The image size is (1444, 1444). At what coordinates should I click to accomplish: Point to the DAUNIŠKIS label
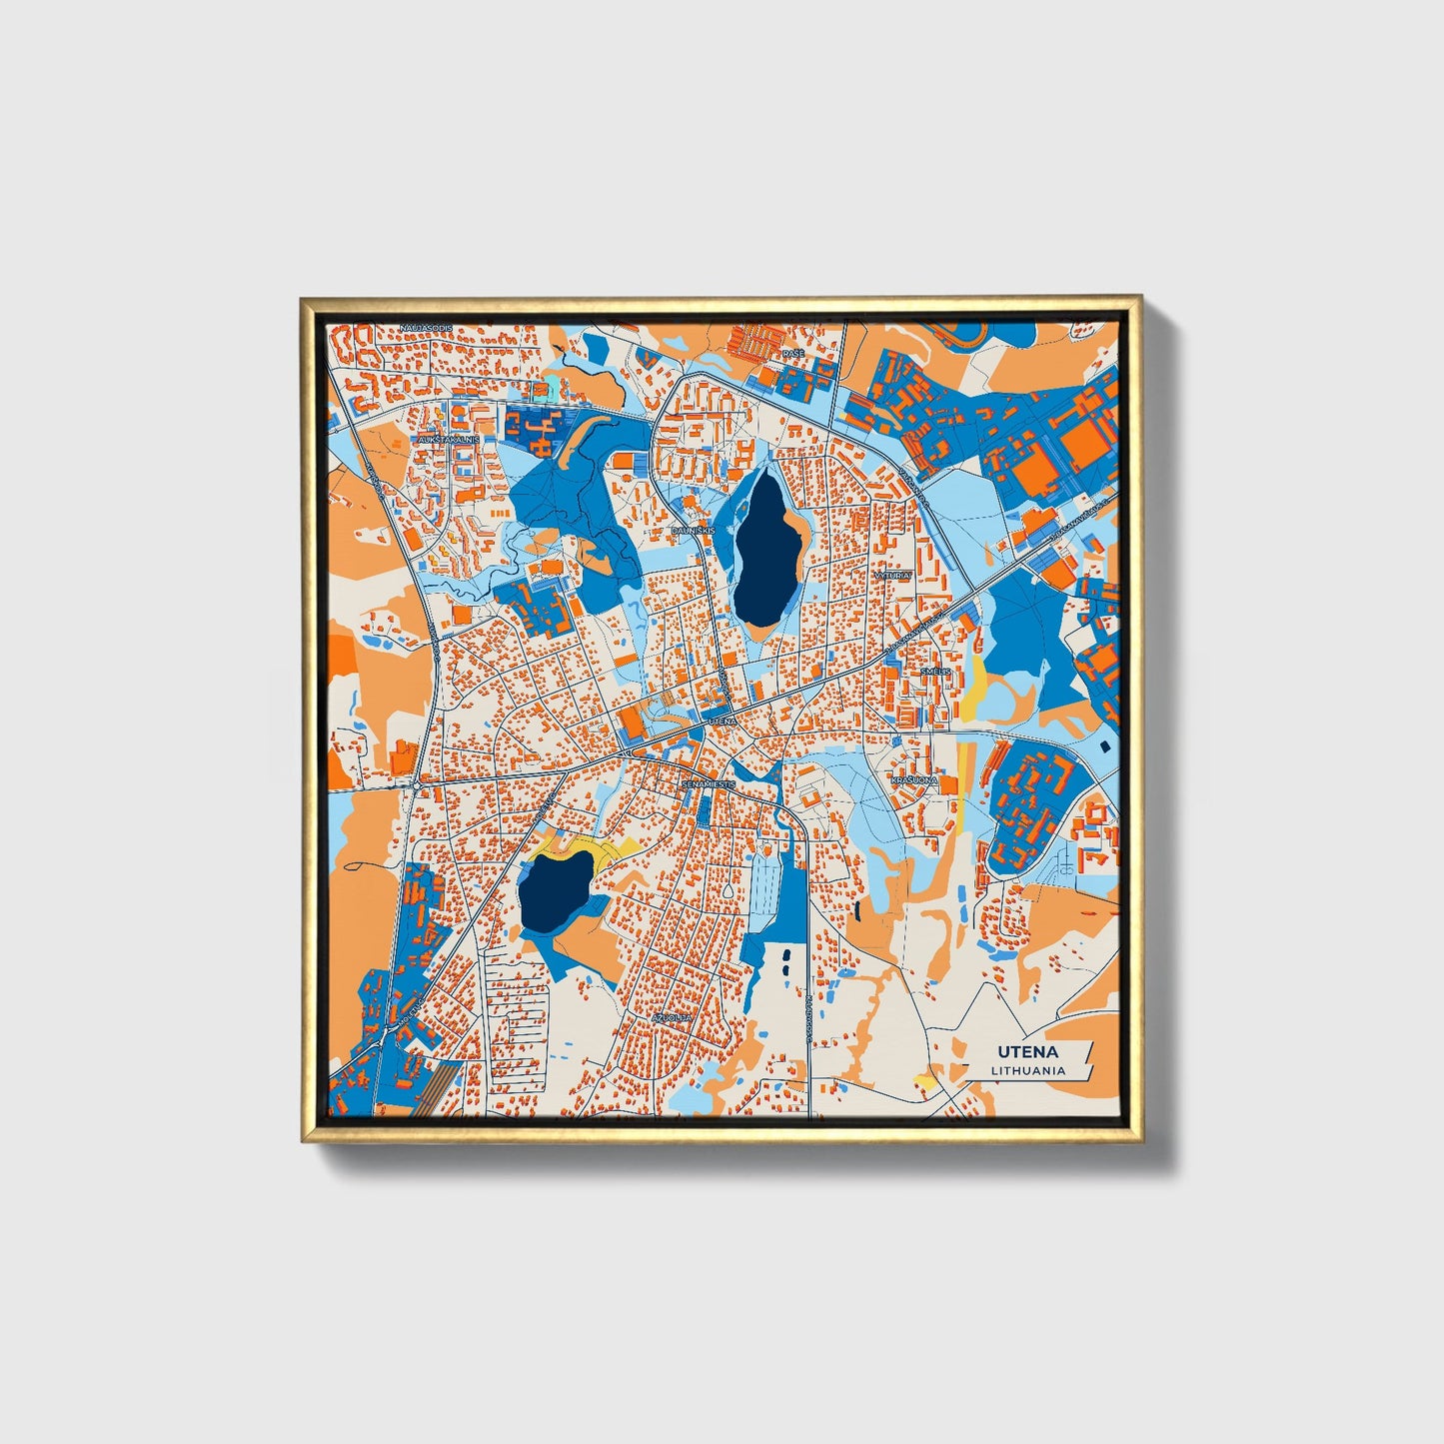693,531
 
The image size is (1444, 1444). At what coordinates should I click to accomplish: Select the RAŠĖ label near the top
792,354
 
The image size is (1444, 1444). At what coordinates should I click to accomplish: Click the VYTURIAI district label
892,578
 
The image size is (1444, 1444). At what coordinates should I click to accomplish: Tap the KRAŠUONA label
915,779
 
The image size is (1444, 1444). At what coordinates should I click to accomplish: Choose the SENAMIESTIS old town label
709,784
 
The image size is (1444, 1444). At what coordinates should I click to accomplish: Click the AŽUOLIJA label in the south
671,1017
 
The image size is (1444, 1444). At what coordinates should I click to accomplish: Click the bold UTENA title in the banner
1026,1052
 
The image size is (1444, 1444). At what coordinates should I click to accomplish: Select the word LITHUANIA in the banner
1027,1070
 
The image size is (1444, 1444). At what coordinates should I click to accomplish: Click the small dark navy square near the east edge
1104,746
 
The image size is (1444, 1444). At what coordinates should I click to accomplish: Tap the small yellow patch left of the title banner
926,1081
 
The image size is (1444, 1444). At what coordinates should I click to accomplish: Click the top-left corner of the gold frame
304,299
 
